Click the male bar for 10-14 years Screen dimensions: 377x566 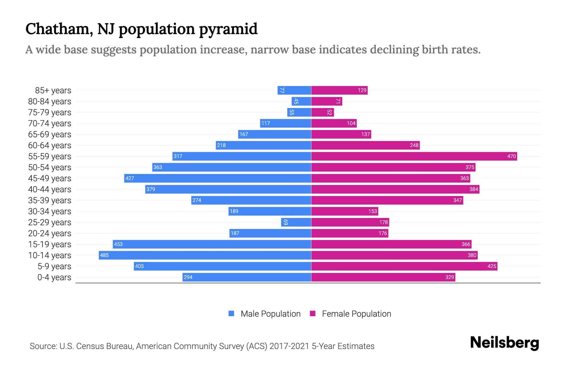204,255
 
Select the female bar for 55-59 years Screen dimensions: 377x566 414,156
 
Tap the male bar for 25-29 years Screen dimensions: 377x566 296,222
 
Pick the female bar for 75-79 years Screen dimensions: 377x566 322,112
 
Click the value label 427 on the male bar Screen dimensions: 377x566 130,178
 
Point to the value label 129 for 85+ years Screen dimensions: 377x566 362,90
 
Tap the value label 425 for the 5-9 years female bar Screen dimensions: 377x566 491,266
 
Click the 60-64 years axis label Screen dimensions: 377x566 50,145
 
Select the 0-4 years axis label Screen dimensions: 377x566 54,277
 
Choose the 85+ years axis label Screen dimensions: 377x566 53,90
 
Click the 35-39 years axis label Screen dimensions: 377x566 50,200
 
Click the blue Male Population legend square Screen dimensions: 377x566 231,314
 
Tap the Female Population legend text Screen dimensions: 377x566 356,314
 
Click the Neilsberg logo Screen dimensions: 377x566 504,343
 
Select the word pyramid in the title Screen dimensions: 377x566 228,29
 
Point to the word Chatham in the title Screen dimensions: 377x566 59,29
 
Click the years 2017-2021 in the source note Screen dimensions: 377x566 289,346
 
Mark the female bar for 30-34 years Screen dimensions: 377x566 345,211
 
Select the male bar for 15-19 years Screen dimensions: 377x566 212,244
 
